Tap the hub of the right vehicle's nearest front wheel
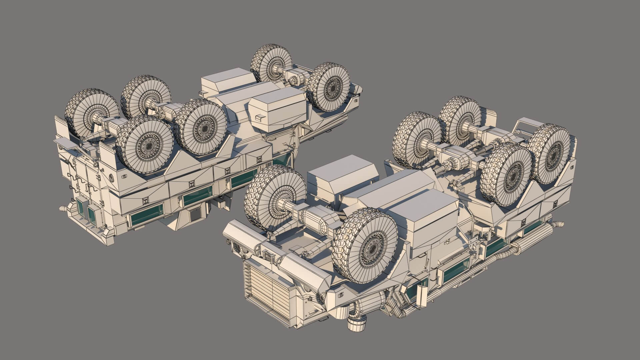point(372,248)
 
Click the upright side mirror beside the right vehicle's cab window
point(423,295)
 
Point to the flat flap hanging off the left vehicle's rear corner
point(65,143)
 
